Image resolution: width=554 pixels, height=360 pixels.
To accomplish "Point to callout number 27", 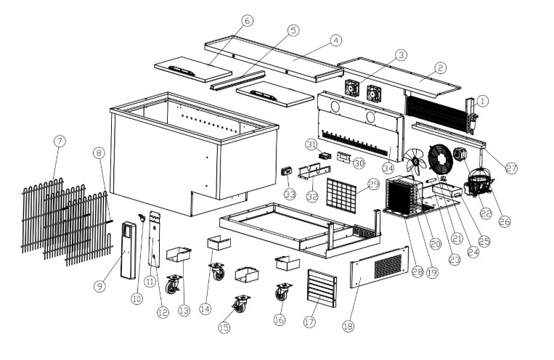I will coord(511,168).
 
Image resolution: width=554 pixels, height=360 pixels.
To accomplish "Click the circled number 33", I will coord(290,194).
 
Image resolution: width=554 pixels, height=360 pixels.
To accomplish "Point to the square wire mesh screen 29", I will coord(342,193).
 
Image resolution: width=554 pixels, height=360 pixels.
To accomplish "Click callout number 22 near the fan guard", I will coord(485,213).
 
